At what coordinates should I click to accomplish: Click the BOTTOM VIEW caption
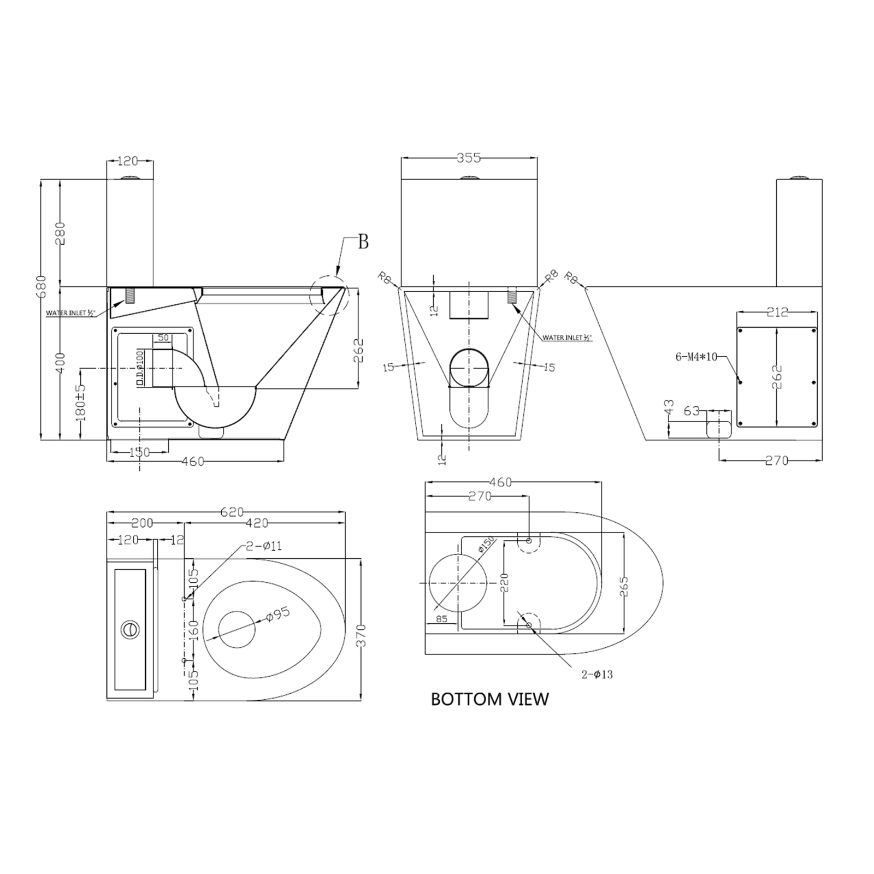click(489, 699)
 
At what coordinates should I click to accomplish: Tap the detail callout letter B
click(363, 241)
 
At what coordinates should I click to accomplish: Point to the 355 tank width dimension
click(469, 158)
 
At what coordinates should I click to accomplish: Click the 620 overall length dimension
click(232, 512)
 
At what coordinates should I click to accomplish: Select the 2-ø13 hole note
click(597, 675)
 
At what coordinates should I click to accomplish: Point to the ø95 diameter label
click(277, 614)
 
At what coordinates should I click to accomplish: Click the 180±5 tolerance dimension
click(81, 401)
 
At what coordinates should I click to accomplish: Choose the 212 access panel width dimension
click(777, 312)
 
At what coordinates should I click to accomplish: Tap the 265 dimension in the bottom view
click(624, 586)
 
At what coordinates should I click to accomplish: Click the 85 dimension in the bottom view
click(442, 619)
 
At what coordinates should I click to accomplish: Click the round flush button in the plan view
click(130, 629)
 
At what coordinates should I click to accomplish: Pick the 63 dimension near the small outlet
click(692, 410)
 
